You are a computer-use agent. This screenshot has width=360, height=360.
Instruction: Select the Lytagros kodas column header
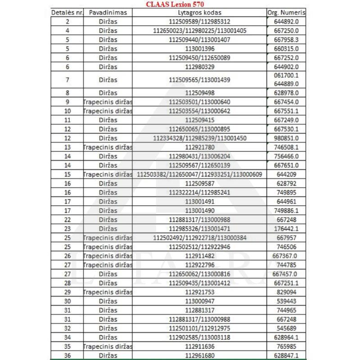[199, 12]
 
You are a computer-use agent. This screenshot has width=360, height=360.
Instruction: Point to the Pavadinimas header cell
[108, 12]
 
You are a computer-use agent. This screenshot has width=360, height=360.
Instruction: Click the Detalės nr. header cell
[67, 12]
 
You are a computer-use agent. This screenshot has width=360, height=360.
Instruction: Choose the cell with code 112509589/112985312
[199, 22]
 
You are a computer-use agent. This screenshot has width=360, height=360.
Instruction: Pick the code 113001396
[199, 49]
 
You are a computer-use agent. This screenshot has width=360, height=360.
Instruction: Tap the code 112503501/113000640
[199, 102]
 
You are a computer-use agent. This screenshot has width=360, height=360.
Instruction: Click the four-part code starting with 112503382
[199, 174]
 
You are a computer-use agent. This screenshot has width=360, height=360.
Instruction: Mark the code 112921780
[199, 147]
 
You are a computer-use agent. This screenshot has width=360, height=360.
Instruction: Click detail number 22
[67, 220]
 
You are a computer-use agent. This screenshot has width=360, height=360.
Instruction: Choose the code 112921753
[199, 292]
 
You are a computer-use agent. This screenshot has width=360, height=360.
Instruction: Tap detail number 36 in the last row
[67, 355]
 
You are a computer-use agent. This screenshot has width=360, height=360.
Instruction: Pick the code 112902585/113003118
[199, 337]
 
